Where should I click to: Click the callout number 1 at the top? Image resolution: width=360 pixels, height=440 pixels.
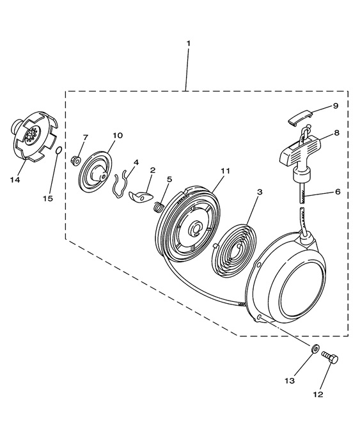pyautogui.click(x=188, y=43)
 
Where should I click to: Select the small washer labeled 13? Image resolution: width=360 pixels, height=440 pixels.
pyautogui.click(x=315, y=349)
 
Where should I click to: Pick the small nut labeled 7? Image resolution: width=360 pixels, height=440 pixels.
pyautogui.click(x=75, y=161)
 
